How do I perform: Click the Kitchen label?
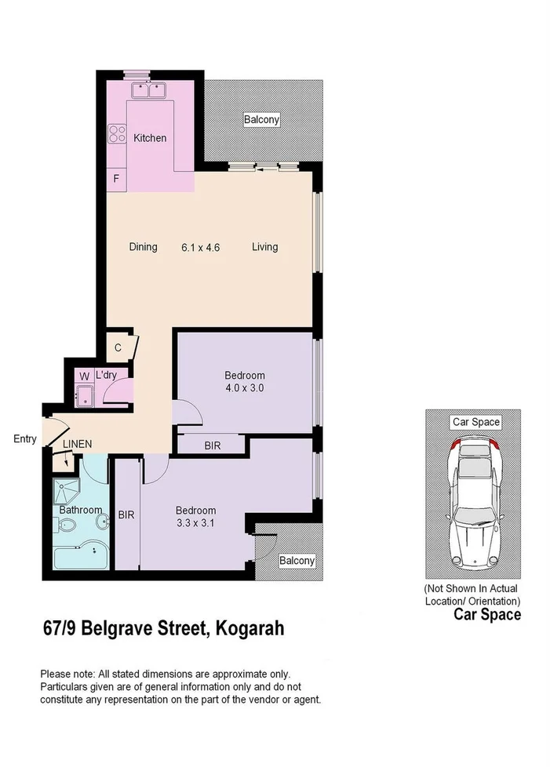tap(150, 138)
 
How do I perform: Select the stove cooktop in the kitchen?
tap(118, 134)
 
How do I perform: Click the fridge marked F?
tap(116, 179)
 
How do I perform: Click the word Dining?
tap(144, 247)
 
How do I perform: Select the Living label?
tap(264, 247)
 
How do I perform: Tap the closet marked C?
tap(118, 347)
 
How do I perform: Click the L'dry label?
tap(106, 376)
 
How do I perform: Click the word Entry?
tap(25, 439)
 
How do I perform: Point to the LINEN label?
tap(78, 444)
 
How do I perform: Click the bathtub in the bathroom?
tap(80, 558)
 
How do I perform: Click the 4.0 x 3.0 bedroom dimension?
tap(244, 387)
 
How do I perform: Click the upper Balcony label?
tap(261, 121)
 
